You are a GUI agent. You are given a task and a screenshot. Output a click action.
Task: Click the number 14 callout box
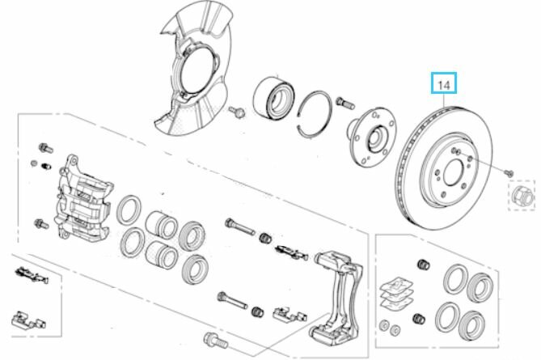(443, 83)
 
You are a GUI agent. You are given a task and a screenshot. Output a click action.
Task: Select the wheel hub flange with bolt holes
(372, 138)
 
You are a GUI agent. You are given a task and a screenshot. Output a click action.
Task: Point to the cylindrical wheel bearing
(273, 99)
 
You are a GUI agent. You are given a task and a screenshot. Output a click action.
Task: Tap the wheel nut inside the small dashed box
(522, 195)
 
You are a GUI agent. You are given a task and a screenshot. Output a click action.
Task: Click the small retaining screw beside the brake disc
(509, 172)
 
